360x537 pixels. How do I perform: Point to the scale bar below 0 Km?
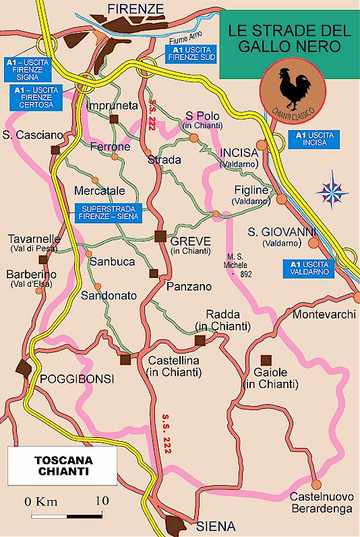pyautogui.click(x=66, y=516)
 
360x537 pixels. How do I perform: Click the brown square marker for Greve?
pyautogui.click(x=160, y=235)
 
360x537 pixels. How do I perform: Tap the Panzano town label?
pyautogui.click(x=189, y=287)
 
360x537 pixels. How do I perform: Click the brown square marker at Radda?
pyautogui.click(x=200, y=341)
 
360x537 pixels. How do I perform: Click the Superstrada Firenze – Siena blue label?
pyautogui.click(x=108, y=213)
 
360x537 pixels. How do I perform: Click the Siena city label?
pyautogui.click(x=216, y=526)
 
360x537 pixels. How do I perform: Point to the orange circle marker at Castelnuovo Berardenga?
pyautogui.click(x=315, y=483)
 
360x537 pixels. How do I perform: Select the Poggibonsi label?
pyautogui.click(x=76, y=379)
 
